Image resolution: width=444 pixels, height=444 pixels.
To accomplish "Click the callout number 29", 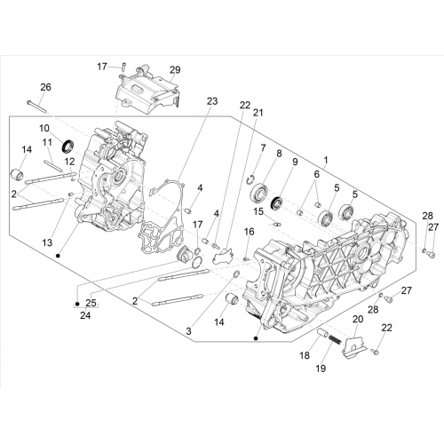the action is [x=175, y=70].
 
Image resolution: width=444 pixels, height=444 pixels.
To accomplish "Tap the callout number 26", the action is [x=45, y=87].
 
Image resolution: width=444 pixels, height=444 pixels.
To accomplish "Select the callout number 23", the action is [x=212, y=101].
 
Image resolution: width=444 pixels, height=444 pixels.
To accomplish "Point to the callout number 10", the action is [x=44, y=128].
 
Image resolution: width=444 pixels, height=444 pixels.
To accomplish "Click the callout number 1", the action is [x=326, y=160].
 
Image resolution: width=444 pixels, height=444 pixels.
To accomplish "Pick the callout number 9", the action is [x=295, y=162].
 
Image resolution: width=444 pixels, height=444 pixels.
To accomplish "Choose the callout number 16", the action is [x=249, y=232].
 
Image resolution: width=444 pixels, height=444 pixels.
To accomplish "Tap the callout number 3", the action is [x=188, y=331].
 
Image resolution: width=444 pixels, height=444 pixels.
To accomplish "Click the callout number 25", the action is [x=91, y=303].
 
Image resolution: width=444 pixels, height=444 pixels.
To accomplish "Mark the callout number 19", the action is [x=321, y=369].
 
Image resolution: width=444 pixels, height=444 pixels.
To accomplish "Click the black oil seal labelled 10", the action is [x=67, y=146].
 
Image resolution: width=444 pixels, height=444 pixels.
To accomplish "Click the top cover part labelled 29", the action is [x=147, y=91].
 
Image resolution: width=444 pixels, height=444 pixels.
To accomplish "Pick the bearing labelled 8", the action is [x=259, y=193].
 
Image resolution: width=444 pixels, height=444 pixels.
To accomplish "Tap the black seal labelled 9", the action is [x=277, y=203].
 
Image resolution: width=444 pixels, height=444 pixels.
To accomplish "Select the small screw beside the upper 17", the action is [x=124, y=67].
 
